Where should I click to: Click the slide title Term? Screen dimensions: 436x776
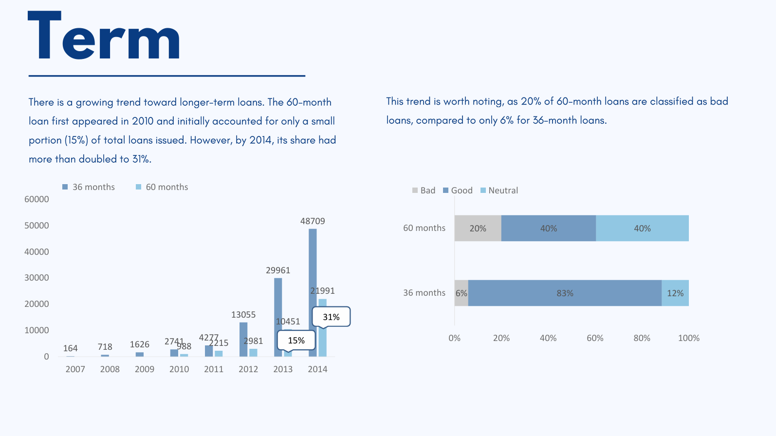point(104,37)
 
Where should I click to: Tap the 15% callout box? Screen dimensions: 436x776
point(296,340)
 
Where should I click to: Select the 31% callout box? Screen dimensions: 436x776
point(331,317)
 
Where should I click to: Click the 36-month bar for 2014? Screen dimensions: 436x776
point(313,292)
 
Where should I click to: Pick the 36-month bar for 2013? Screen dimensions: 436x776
point(278,317)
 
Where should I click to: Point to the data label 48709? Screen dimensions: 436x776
point(313,221)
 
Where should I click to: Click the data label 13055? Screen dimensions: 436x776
point(243,315)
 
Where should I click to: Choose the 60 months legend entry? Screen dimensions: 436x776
point(162,187)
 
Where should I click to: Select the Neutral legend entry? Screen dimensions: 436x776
point(499,190)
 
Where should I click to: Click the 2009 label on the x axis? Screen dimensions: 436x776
point(145,369)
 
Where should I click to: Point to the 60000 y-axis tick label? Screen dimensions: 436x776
point(37,199)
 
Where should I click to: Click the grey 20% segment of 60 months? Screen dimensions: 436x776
point(478,228)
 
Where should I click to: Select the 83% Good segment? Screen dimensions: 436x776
point(565,293)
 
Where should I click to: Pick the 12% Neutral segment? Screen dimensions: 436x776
point(675,293)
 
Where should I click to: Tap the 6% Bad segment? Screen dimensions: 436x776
point(461,293)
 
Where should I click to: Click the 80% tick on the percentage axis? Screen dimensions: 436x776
point(642,338)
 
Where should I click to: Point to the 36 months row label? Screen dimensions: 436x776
point(424,293)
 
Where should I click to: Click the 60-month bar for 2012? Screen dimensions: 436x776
point(253,352)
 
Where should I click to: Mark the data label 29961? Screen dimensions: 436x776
point(278,270)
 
